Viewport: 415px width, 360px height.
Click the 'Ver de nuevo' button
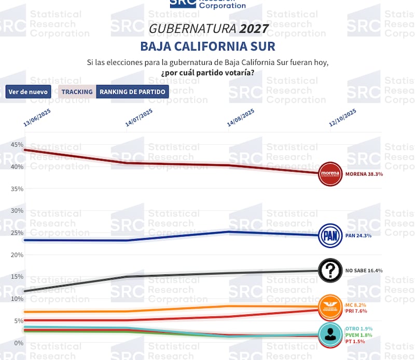[28, 92]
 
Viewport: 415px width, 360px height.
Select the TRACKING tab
[77, 92]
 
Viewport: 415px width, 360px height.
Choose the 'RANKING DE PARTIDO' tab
[132, 92]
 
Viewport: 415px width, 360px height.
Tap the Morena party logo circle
[330, 174]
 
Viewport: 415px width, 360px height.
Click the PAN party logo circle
[330, 236]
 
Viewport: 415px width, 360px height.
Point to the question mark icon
[330, 270]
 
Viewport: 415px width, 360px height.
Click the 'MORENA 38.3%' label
[364, 174]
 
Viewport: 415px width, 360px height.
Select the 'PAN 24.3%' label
[358, 236]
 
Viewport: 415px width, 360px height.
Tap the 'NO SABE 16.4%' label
[364, 270]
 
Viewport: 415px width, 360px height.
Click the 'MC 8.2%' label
[355, 306]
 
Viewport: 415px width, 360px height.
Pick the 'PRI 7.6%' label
[356, 311]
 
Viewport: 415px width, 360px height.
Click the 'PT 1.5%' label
[355, 341]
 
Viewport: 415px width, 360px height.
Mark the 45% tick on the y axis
[16, 145]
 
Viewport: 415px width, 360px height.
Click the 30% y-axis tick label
[16, 211]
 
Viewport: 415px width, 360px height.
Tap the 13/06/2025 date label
[39, 117]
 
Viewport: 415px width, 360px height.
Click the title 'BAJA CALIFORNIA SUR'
[208, 46]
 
